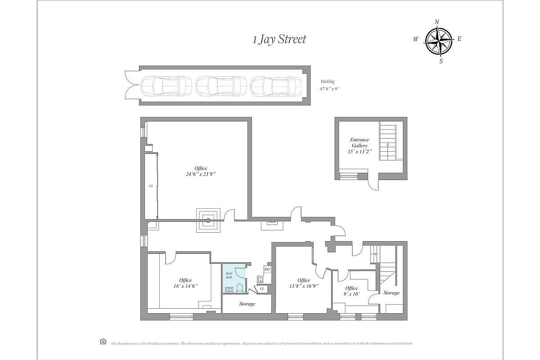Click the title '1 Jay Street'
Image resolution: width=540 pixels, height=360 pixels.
279,40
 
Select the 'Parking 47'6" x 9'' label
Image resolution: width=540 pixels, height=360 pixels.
328,85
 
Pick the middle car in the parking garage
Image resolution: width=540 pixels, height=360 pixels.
221,85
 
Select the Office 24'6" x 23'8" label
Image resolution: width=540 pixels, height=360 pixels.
198,171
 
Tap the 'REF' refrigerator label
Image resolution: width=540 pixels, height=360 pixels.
267,270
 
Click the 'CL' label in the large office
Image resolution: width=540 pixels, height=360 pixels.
151,185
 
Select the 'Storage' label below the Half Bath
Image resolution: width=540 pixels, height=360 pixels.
247,304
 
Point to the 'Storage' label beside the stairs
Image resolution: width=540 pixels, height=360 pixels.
391,293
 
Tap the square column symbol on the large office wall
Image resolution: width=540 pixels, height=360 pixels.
208,220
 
